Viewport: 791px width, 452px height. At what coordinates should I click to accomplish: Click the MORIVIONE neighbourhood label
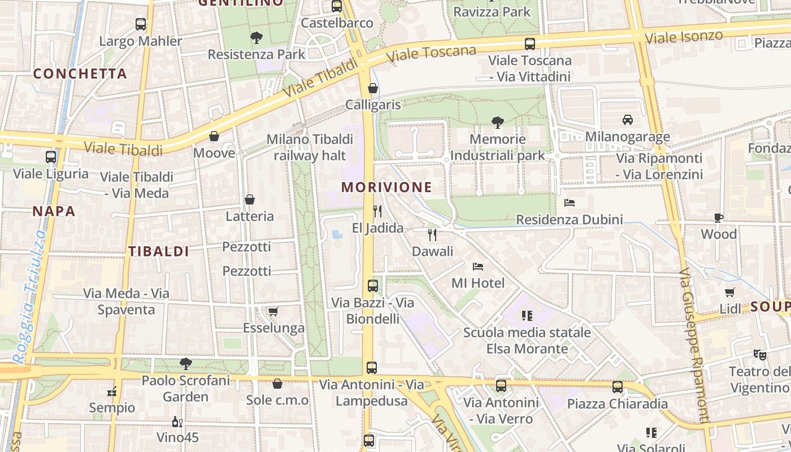tap(386, 187)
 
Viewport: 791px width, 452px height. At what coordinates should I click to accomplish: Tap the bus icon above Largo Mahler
tap(141, 24)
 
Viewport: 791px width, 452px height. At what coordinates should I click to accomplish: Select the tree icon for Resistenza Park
tap(257, 38)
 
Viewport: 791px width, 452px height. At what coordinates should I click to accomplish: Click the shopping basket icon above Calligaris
tap(373, 88)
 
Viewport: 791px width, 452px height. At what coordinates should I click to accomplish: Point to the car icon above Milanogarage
tap(627, 120)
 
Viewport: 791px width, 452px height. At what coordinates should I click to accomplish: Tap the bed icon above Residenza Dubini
tap(570, 202)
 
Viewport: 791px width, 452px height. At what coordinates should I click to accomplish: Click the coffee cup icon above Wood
tap(718, 218)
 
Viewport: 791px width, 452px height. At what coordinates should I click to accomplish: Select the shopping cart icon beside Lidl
tap(730, 292)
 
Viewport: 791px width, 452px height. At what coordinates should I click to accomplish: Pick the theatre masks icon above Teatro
tap(759, 355)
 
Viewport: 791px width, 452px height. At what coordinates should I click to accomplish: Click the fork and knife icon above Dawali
tap(432, 234)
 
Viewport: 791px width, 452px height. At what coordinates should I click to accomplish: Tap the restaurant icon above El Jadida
tap(377, 211)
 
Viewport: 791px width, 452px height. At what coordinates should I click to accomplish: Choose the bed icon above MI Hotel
tap(477, 266)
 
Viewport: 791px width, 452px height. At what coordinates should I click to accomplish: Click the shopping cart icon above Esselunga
tap(273, 311)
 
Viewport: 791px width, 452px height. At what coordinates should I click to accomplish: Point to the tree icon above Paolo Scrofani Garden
tap(185, 364)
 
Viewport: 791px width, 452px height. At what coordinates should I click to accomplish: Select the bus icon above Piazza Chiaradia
tap(618, 387)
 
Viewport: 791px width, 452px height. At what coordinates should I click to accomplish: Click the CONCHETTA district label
tap(80, 73)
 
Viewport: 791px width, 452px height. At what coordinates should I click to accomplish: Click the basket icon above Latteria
tap(249, 199)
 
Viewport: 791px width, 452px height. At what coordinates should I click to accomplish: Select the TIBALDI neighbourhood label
tap(158, 251)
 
